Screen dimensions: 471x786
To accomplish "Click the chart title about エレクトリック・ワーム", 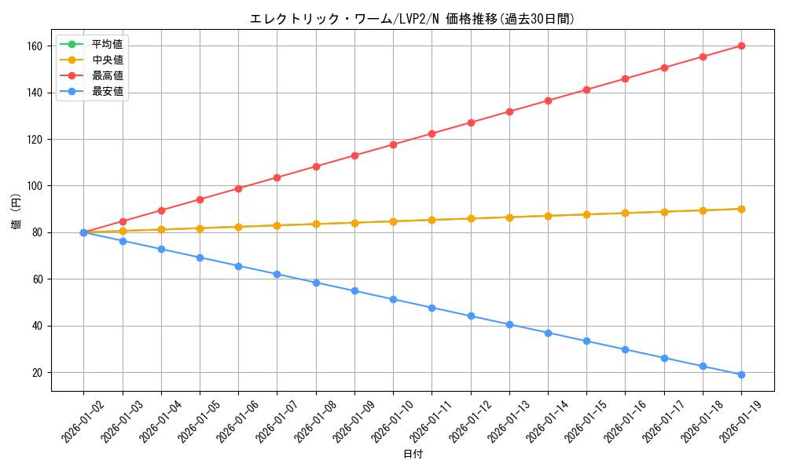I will tap(412, 19).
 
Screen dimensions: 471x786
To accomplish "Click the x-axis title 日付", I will tap(413, 455).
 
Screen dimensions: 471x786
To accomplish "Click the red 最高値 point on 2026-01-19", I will tap(741, 46).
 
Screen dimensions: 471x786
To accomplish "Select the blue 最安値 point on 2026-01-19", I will tap(741, 374).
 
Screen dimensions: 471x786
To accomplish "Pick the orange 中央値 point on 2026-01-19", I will tap(741, 209).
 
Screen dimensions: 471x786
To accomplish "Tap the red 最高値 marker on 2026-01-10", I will tap(393, 144).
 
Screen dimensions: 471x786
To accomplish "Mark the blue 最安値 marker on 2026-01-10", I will tap(393, 299).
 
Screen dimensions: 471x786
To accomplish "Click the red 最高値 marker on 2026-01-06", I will tap(238, 188).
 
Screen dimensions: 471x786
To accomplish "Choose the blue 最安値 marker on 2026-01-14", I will tap(548, 333).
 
